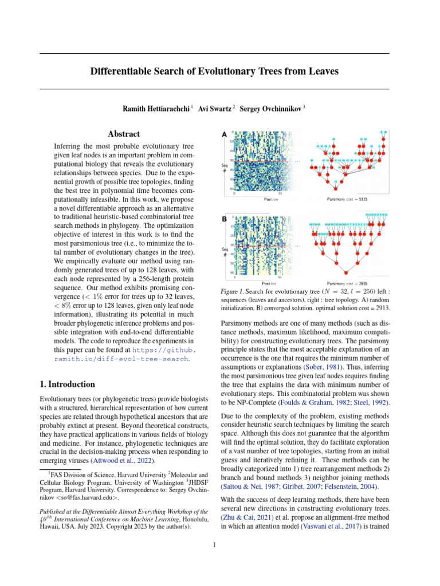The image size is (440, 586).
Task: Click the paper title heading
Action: point(214,72)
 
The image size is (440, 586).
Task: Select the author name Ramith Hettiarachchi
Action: point(158,109)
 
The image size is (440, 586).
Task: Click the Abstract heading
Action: point(124,134)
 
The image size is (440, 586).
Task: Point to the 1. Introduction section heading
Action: point(67,384)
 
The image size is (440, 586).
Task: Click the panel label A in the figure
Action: point(225,134)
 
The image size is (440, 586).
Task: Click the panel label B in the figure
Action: point(225,218)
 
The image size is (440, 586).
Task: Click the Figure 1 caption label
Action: point(233,292)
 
